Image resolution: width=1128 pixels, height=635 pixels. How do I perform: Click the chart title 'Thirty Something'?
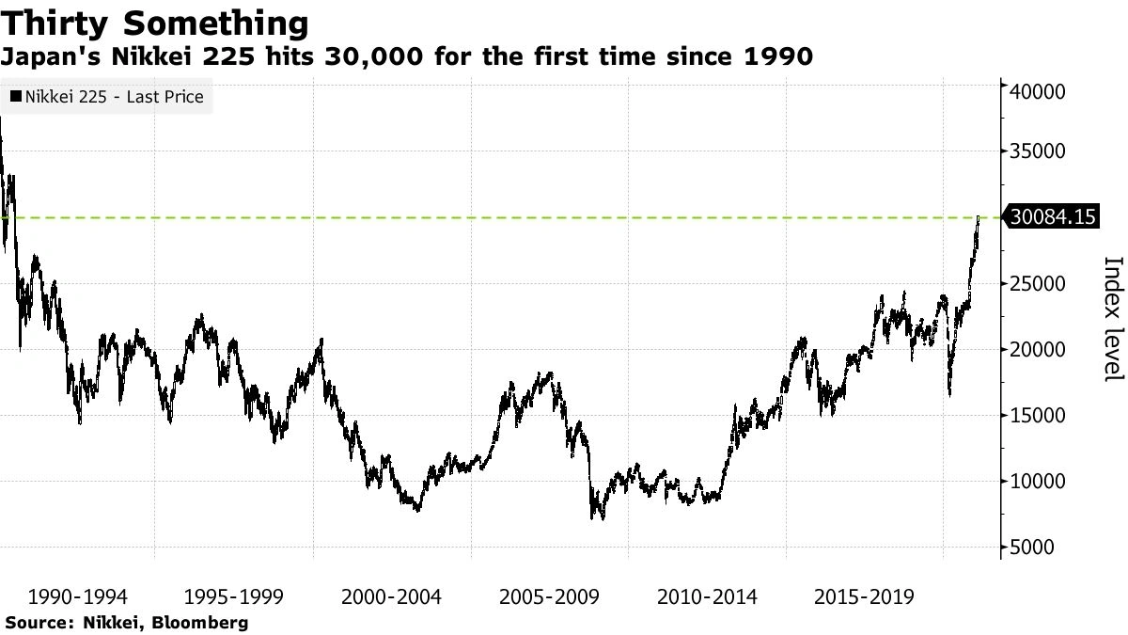[154, 23]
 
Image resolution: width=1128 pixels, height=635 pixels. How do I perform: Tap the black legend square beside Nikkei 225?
[16, 97]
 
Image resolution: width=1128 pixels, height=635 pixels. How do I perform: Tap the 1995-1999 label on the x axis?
[234, 596]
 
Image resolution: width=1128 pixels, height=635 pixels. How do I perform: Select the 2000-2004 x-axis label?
[392, 596]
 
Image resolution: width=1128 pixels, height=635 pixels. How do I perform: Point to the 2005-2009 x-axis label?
[549, 596]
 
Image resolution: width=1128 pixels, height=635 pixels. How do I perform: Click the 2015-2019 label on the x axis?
[864, 596]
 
